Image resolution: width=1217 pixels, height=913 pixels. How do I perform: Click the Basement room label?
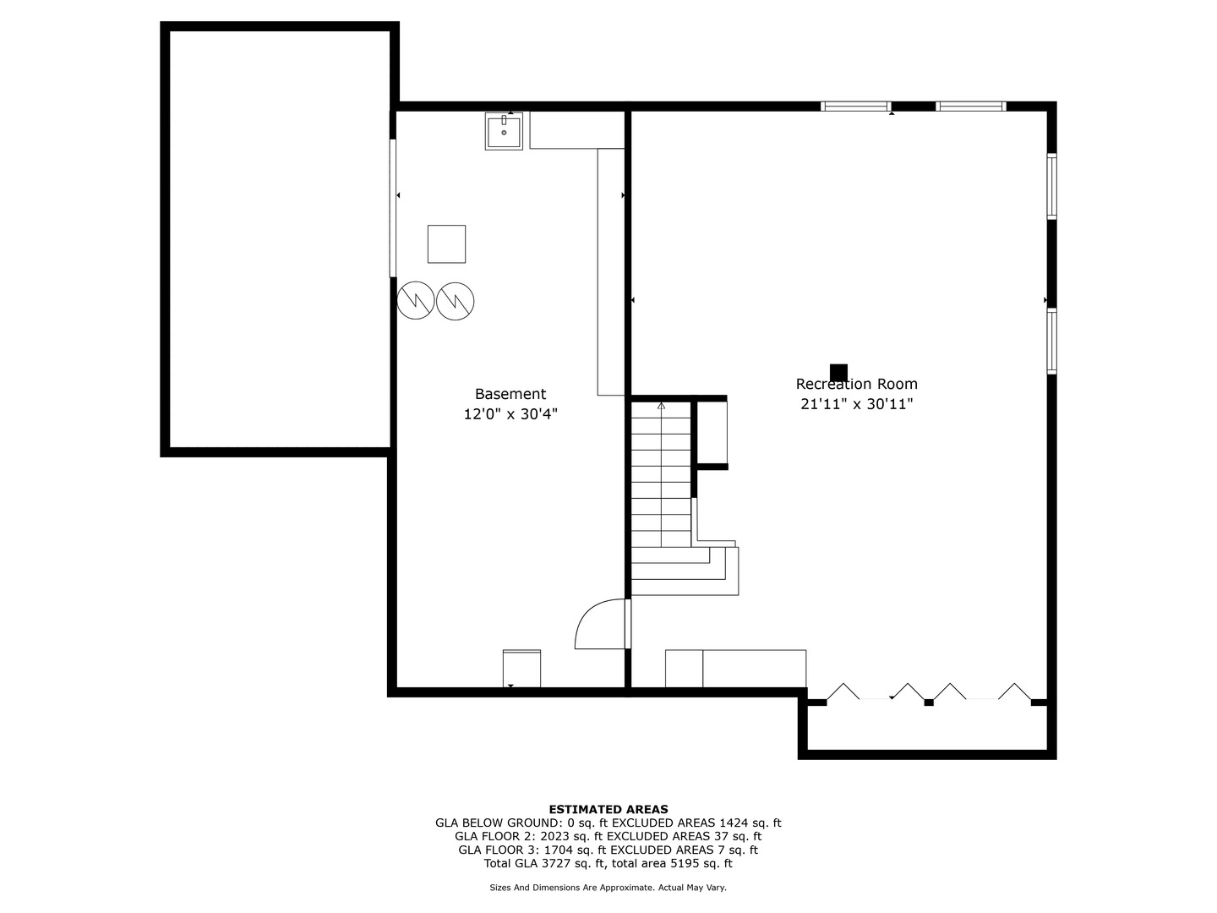tap(510, 394)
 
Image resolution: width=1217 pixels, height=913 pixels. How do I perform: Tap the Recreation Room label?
tap(857, 384)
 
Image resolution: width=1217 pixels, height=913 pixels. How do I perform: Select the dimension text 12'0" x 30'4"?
tap(510, 414)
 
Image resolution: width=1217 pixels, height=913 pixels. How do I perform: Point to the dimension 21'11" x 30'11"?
tap(857, 404)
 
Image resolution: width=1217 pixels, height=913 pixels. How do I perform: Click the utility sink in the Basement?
tap(504, 131)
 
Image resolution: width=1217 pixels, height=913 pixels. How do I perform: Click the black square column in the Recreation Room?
tap(838, 373)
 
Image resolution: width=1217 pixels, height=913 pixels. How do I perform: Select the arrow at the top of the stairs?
tap(661, 407)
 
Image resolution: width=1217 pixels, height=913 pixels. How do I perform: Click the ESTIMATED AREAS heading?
tap(608, 809)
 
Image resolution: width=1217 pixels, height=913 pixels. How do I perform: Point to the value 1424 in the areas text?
tap(734, 823)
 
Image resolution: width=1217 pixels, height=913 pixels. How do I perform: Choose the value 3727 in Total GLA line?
tap(557, 863)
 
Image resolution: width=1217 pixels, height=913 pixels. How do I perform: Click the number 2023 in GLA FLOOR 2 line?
tap(555, 836)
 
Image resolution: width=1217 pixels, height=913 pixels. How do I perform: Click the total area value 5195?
tap(685, 863)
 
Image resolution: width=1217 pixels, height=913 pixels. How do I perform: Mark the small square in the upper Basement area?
tap(446, 244)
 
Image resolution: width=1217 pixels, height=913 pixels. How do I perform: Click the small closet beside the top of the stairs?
tap(712, 432)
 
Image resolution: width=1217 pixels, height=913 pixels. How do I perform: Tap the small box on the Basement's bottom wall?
tap(521, 669)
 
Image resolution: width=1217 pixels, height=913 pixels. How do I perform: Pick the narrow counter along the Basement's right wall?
tap(611, 271)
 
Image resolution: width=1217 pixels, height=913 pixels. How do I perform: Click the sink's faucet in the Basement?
tap(504, 120)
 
